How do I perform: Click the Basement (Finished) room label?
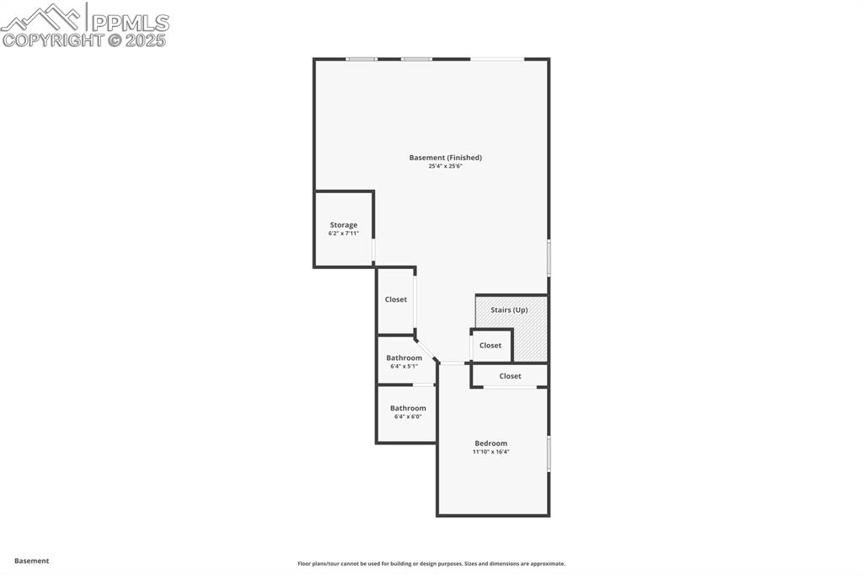click(445, 158)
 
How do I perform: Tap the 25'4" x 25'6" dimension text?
click(445, 166)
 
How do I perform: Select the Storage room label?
click(343, 225)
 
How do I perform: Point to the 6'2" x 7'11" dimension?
click(343, 234)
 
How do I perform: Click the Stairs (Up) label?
click(509, 310)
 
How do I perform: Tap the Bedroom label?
click(490, 443)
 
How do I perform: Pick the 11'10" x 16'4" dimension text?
click(490, 452)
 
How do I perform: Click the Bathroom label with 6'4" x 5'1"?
click(405, 358)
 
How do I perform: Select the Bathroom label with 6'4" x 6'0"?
click(408, 408)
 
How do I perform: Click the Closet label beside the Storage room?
click(396, 299)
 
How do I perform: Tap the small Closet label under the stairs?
click(490, 346)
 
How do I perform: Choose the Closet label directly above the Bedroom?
click(510, 376)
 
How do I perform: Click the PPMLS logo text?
click(130, 22)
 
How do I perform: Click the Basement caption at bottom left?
click(32, 561)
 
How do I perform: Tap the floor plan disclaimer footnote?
click(431, 564)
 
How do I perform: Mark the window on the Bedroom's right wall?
click(549, 453)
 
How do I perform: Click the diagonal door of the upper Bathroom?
click(427, 349)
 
